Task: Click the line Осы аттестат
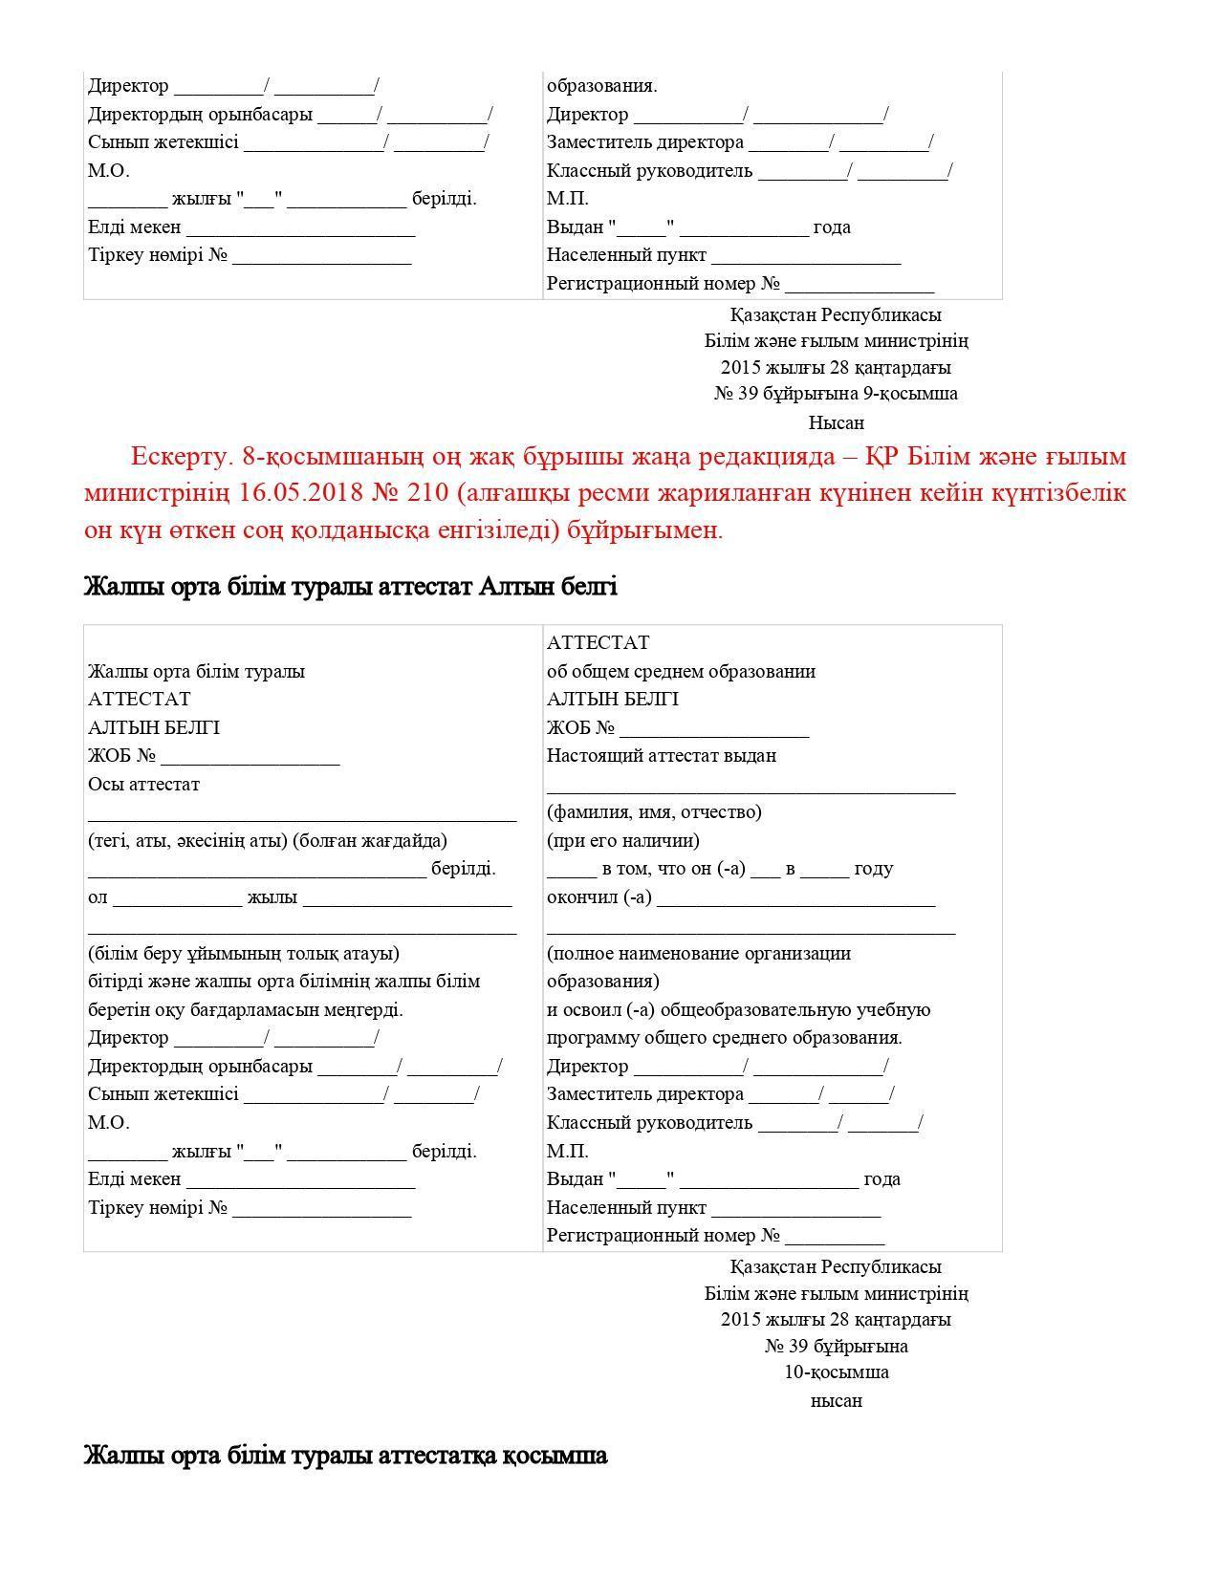(144, 785)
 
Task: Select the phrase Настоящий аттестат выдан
(662, 756)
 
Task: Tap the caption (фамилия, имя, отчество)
(654, 812)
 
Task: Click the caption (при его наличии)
(622, 841)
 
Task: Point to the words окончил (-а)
(599, 897)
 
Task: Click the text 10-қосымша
(837, 1372)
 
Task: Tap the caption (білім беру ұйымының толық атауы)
(244, 954)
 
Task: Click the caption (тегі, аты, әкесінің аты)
(187, 841)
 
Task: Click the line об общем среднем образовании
(681, 672)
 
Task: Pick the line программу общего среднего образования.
(725, 1038)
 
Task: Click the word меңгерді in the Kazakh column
(364, 1010)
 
